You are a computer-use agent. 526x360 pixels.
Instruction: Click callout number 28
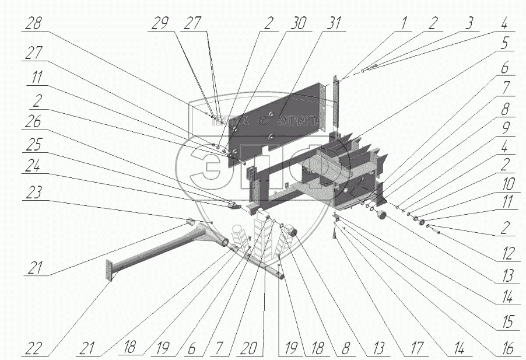point(34,24)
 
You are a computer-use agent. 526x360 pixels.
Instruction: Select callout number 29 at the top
point(160,24)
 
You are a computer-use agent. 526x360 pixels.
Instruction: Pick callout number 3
point(467,24)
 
